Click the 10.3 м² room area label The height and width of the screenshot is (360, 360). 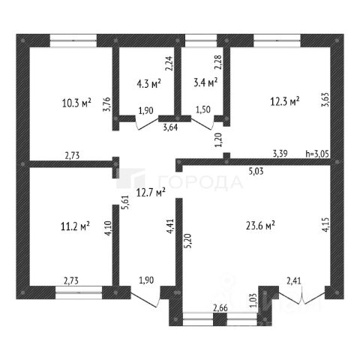point(76,103)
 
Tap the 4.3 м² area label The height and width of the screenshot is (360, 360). point(148,84)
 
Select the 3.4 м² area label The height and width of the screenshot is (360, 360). point(205,82)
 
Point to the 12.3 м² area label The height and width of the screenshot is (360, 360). point(285,101)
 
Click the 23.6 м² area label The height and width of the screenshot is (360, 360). point(260,226)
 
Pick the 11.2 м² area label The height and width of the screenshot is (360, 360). point(75,226)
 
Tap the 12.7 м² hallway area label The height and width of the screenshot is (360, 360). point(151,193)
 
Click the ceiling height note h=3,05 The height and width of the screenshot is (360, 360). point(317,154)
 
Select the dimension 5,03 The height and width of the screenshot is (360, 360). point(256,172)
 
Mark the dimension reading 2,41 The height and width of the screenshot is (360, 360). point(294,281)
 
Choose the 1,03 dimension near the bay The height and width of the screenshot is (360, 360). point(253,300)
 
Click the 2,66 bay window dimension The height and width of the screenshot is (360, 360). point(220,308)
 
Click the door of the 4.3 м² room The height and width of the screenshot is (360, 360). point(147,122)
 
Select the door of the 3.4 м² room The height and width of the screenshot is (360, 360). point(202,122)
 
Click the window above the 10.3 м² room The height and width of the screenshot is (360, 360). point(73,40)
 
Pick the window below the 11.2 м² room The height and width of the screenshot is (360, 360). point(79,292)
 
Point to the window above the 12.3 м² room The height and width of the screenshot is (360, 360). point(277,40)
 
